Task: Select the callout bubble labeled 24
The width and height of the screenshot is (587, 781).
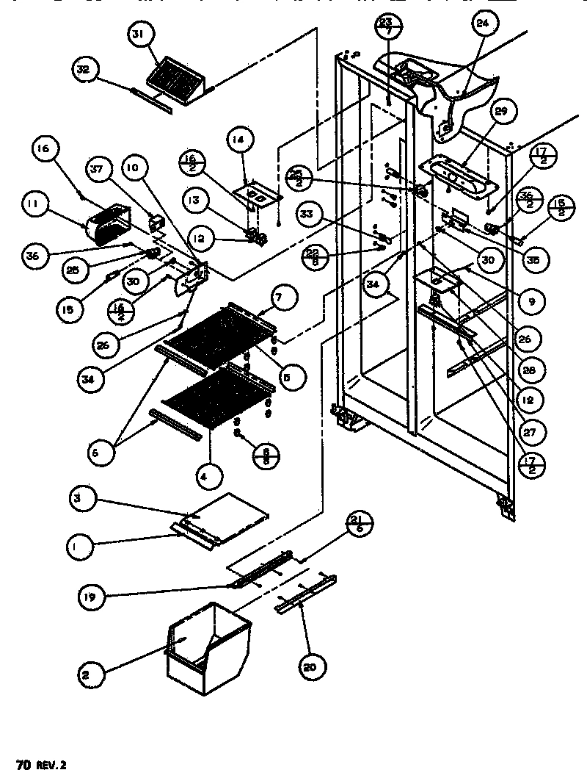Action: (x=481, y=24)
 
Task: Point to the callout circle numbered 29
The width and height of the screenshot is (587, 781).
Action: (x=500, y=112)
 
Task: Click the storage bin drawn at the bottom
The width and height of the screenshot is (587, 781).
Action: (x=207, y=647)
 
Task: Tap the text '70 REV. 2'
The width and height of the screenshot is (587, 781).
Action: (x=45, y=764)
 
